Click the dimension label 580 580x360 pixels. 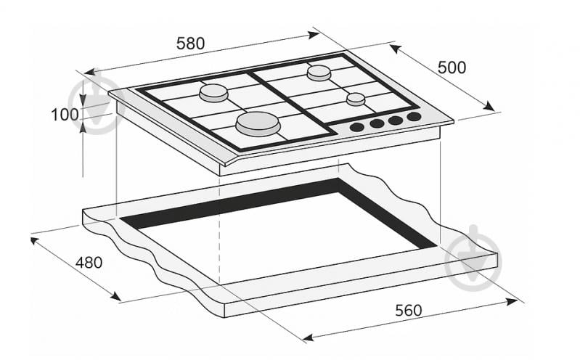[191, 44]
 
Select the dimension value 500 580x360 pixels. [452, 67]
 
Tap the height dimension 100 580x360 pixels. [65, 115]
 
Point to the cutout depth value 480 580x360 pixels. [89, 262]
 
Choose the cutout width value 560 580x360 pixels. [408, 310]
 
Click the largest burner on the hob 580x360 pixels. [258, 124]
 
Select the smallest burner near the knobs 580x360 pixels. [355, 99]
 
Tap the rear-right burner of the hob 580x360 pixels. [319, 73]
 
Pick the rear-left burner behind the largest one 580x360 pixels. [214, 93]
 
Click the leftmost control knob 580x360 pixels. [357, 127]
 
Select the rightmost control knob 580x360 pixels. [414, 116]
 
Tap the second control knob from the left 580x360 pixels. [377, 123]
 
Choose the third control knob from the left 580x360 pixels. [396, 120]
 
